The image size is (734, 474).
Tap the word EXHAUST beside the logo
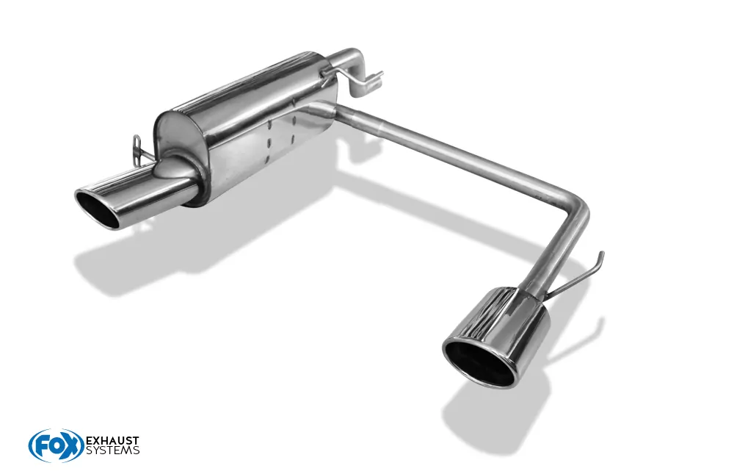[x=113, y=441]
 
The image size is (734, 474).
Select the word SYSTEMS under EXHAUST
[x=113, y=450]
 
